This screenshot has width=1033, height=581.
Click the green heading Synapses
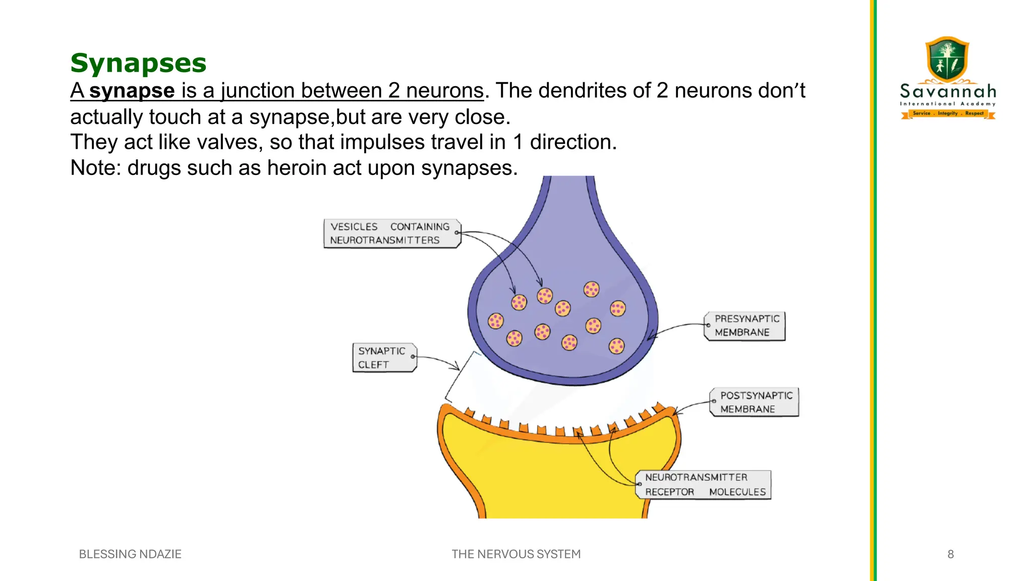coord(138,64)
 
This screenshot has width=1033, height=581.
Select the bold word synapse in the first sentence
coord(132,91)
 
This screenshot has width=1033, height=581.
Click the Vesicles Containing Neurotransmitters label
coord(391,234)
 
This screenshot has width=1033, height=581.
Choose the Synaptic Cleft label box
coord(384,358)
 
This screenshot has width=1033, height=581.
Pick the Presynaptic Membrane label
coord(745,326)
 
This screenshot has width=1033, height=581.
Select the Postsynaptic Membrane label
coord(755,402)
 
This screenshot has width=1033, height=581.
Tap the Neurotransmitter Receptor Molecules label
coord(704,485)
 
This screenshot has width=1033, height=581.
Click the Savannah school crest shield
coord(947,60)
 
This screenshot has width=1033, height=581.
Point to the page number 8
coord(950,554)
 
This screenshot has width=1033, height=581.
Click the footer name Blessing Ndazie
coord(130,554)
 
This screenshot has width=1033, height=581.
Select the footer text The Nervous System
coord(516,554)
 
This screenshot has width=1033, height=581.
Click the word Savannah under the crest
coord(948,92)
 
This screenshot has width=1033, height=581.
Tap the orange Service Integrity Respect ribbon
coord(948,114)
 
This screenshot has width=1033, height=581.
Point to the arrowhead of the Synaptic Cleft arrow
coord(457,367)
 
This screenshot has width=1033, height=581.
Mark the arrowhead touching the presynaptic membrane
coord(651,336)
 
